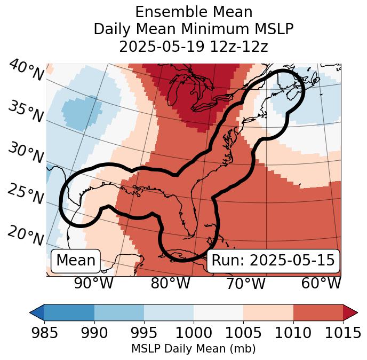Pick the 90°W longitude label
(94, 283)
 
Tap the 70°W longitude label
(246, 283)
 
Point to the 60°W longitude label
(321, 283)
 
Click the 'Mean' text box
(76, 261)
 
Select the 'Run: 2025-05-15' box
(273, 261)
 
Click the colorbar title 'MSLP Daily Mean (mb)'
(193, 349)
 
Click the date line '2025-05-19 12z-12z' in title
(193, 46)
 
